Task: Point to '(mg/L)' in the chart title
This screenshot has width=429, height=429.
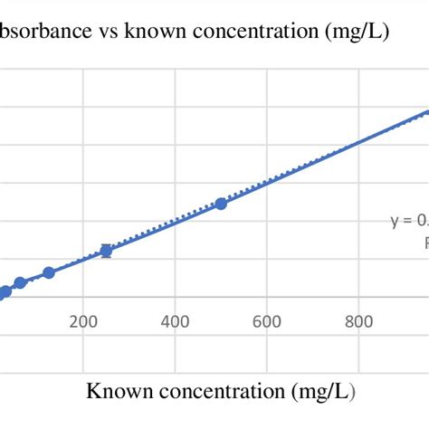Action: tap(360, 33)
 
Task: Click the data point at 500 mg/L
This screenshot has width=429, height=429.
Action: tap(221, 204)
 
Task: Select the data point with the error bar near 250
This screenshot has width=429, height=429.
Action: tap(106, 251)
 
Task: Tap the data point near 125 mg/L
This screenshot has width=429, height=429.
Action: tap(49, 272)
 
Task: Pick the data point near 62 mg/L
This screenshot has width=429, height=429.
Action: tap(20, 283)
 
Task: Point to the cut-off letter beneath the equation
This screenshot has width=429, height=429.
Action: tap(425, 243)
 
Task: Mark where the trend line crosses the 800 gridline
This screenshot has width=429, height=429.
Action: tap(359, 144)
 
